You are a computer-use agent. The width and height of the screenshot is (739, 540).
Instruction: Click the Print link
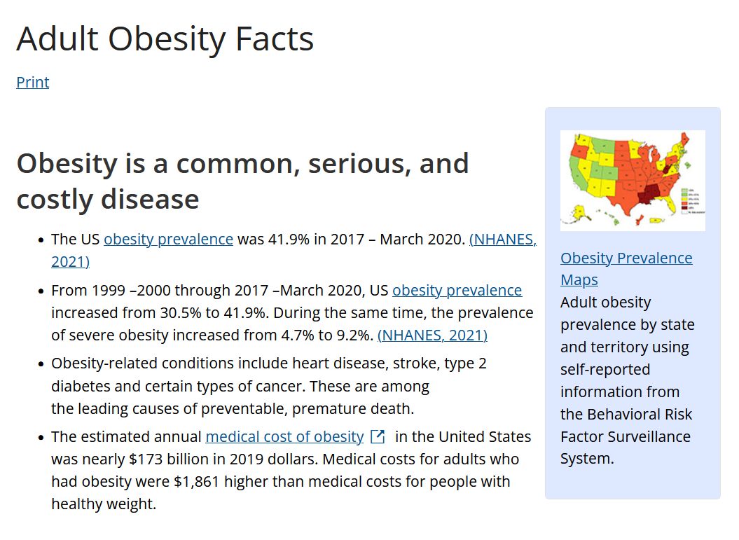click(x=33, y=82)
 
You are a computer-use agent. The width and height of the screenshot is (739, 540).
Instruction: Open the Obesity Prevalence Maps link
click(x=626, y=258)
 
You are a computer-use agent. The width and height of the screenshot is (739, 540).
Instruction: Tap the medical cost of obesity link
click(x=284, y=437)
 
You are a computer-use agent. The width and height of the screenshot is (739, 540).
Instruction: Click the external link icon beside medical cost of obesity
click(x=378, y=437)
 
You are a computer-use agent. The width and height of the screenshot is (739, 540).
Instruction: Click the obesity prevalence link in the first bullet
click(x=168, y=239)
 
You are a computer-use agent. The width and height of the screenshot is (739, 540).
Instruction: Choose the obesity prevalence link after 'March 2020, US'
click(x=457, y=290)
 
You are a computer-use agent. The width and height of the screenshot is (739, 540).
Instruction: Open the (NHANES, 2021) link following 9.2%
click(x=432, y=335)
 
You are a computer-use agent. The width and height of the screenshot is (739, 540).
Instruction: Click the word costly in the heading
click(x=55, y=199)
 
